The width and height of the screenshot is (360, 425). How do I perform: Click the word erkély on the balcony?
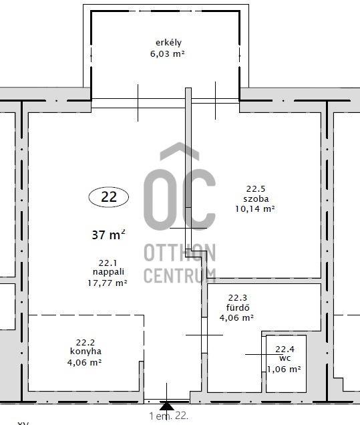click(x=168, y=43)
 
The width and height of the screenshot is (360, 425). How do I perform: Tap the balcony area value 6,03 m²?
click(x=168, y=53)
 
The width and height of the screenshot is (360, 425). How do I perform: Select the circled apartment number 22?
click(x=109, y=196)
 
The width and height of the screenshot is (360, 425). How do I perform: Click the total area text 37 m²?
click(x=108, y=235)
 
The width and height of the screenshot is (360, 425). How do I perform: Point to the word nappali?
click(x=108, y=272)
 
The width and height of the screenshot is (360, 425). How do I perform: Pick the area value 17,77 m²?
click(x=108, y=283)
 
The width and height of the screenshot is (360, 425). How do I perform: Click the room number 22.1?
click(x=108, y=263)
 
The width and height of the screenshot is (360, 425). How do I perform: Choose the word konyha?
click(x=85, y=351)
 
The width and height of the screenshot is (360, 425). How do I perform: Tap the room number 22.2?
click(x=85, y=342)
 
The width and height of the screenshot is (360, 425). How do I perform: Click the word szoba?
click(x=256, y=198)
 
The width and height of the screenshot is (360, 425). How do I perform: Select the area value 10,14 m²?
click(x=255, y=208)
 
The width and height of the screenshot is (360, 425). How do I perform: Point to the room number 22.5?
click(x=256, y=188)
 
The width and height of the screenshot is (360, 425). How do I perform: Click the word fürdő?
click(x=238, y=307)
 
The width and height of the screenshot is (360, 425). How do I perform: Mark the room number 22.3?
click(x=238, y=297)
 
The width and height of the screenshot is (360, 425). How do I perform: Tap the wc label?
click(x=285, y=358)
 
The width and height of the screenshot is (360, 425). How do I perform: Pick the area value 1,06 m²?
click(x=284, y=369)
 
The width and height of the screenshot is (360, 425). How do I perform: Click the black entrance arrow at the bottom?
click(x=167, y=406)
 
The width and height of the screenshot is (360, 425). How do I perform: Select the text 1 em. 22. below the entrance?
click(x=168, y=416)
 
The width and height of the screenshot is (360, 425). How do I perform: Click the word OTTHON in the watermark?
click(x=180, y=253)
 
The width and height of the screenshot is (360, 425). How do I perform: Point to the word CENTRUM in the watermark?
click(x=180, y=275)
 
